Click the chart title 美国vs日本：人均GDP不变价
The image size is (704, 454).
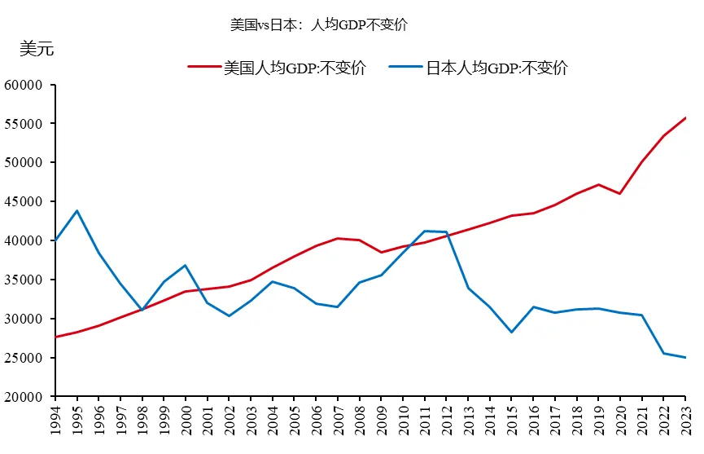click(319, 24)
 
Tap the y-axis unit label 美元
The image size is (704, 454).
click(37, 49)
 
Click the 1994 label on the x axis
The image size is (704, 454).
click(56, 423)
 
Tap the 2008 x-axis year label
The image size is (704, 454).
click(360, 423)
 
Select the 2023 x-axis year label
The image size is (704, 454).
click(685, 423)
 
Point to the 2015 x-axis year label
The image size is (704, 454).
click(512, 423)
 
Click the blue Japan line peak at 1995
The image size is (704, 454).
click(77, 211)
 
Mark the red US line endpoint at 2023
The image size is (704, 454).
click(685, 117)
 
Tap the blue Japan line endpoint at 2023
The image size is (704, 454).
click(685, 358)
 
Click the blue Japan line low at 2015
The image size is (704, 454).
click(512, 333)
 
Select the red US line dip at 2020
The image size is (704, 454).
click(620, 194)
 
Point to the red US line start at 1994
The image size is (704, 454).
click(55, 337)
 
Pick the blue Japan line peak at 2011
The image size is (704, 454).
click(425, 231)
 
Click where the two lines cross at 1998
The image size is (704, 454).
click(142, 310)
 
